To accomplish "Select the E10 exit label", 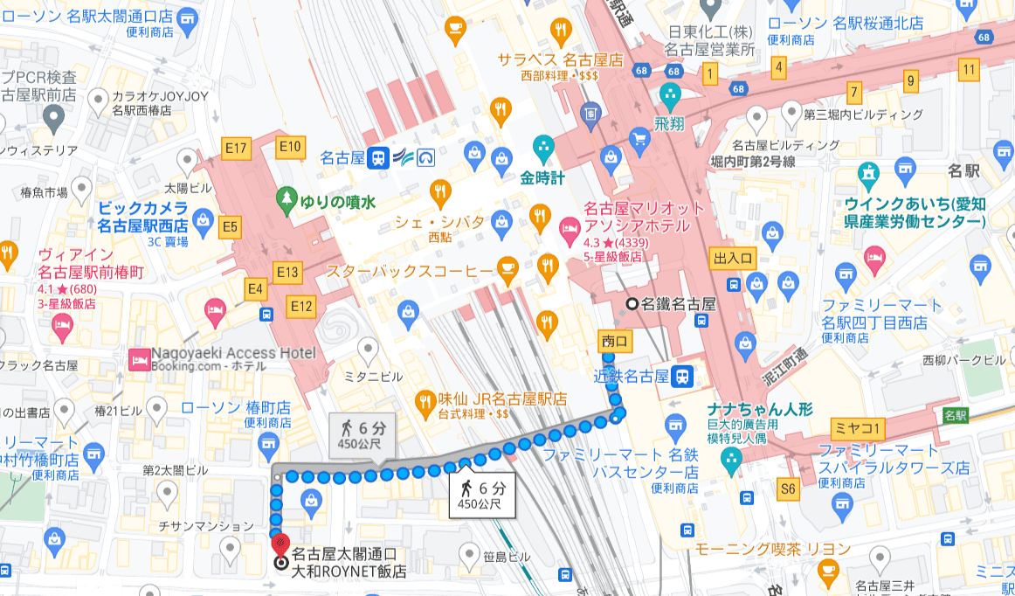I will pos(291,146).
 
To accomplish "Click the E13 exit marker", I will pos(287,273).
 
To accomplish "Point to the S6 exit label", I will pos(788,489).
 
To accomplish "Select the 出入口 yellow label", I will pos(733,258).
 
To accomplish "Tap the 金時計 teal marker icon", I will pos(542,145).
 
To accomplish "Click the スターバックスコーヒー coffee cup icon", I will pos(507,270).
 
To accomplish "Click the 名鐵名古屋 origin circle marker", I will pos(632,304).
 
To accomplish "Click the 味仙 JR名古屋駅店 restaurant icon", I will pos(425,400).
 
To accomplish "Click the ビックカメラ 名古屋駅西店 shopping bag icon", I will pos(203,218).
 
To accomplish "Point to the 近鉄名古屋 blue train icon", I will pos(683,377).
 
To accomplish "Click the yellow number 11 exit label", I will pos(967,70).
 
